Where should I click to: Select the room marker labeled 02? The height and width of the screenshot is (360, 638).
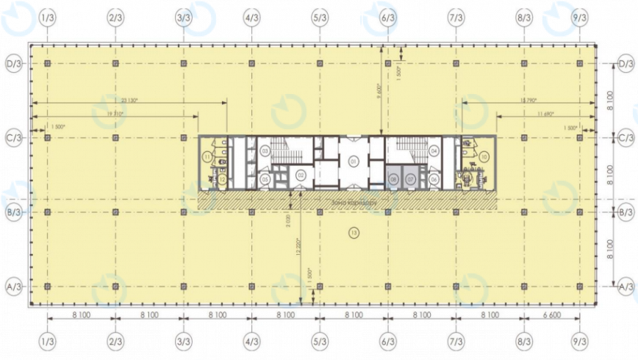pos(301,175)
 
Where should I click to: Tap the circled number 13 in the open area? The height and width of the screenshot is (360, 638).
pos(354,234)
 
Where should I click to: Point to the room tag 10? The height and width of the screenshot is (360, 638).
pos(484,156)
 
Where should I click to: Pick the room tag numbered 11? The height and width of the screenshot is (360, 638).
pos(208,157)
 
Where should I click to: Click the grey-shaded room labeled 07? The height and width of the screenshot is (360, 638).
pos(410,179)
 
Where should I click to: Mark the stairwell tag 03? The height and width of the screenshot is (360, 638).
pos(264,151)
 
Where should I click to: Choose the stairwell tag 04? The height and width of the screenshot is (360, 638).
pos(434,151)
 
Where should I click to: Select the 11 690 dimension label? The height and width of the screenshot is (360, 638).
pos(545,114)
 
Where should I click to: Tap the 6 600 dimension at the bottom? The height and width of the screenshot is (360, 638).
pos(551,314)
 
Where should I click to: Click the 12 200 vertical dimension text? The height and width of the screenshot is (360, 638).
pos(300,246)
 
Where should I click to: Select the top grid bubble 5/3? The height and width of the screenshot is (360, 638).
pos(320,16)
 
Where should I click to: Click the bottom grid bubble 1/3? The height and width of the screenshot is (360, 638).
pos(48,342)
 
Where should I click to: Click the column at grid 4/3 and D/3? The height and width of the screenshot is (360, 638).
pos(251,64)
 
